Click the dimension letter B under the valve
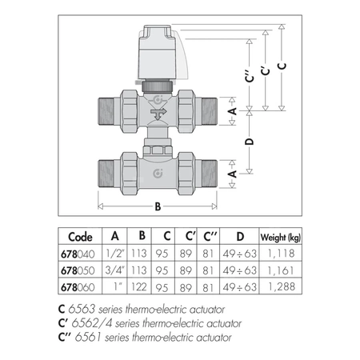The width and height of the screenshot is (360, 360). click(158, 206)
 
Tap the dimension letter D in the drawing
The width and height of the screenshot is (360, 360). click(249, 142)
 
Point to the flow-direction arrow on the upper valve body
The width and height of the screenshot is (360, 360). click(158, 114)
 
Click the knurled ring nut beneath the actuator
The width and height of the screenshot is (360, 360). click(158, 86)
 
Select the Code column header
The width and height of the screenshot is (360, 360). click(80, 237)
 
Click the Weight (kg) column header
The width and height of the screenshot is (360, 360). click(280, 237)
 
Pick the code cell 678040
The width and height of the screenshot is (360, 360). click(78, 254)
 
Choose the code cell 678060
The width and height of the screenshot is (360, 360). click(78, 287)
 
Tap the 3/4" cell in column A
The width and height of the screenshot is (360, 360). click(115, 270)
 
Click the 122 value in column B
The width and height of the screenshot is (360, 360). click(139, 287)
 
